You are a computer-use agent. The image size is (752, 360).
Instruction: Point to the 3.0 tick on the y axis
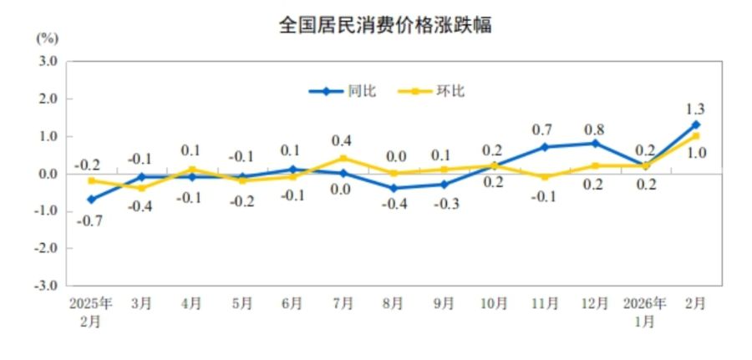(x=47, y=61)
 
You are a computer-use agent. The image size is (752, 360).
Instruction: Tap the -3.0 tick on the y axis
(x=45, y=285)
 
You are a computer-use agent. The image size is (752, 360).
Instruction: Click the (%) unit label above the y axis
(x=47, y=38)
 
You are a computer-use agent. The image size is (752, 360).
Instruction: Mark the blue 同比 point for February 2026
(x=695, y=124)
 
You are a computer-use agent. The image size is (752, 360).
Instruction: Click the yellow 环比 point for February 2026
(x=695, y=136)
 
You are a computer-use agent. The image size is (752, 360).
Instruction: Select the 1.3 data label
(x=695, y=109)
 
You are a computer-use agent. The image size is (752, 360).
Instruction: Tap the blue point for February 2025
(x=90, y=200)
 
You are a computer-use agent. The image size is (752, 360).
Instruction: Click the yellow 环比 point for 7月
(x=342, y=158)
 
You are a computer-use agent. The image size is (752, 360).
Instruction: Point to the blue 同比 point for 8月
(x=393, y=188)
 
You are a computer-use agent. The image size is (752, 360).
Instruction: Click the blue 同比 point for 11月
(x=544, y=147)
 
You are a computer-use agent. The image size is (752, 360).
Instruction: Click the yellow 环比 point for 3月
(x=141, y=188)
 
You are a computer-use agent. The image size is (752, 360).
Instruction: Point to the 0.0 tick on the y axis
(x=47, y=174)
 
